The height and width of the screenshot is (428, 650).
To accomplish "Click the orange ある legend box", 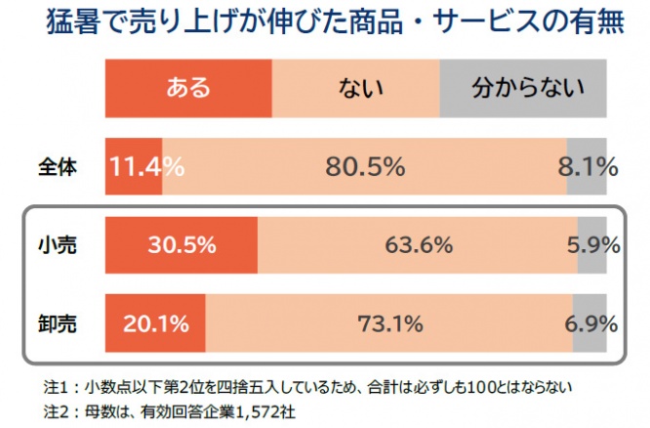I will pos(187,89).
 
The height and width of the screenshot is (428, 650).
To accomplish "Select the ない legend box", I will pos(355,89).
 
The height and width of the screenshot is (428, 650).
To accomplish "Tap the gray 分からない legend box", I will pos(528,89).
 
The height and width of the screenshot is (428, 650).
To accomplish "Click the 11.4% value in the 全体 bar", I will pos(147,167).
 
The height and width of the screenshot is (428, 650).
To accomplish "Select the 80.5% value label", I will pos(365,167).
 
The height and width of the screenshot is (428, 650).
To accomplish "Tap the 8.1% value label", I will pos(588,167).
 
